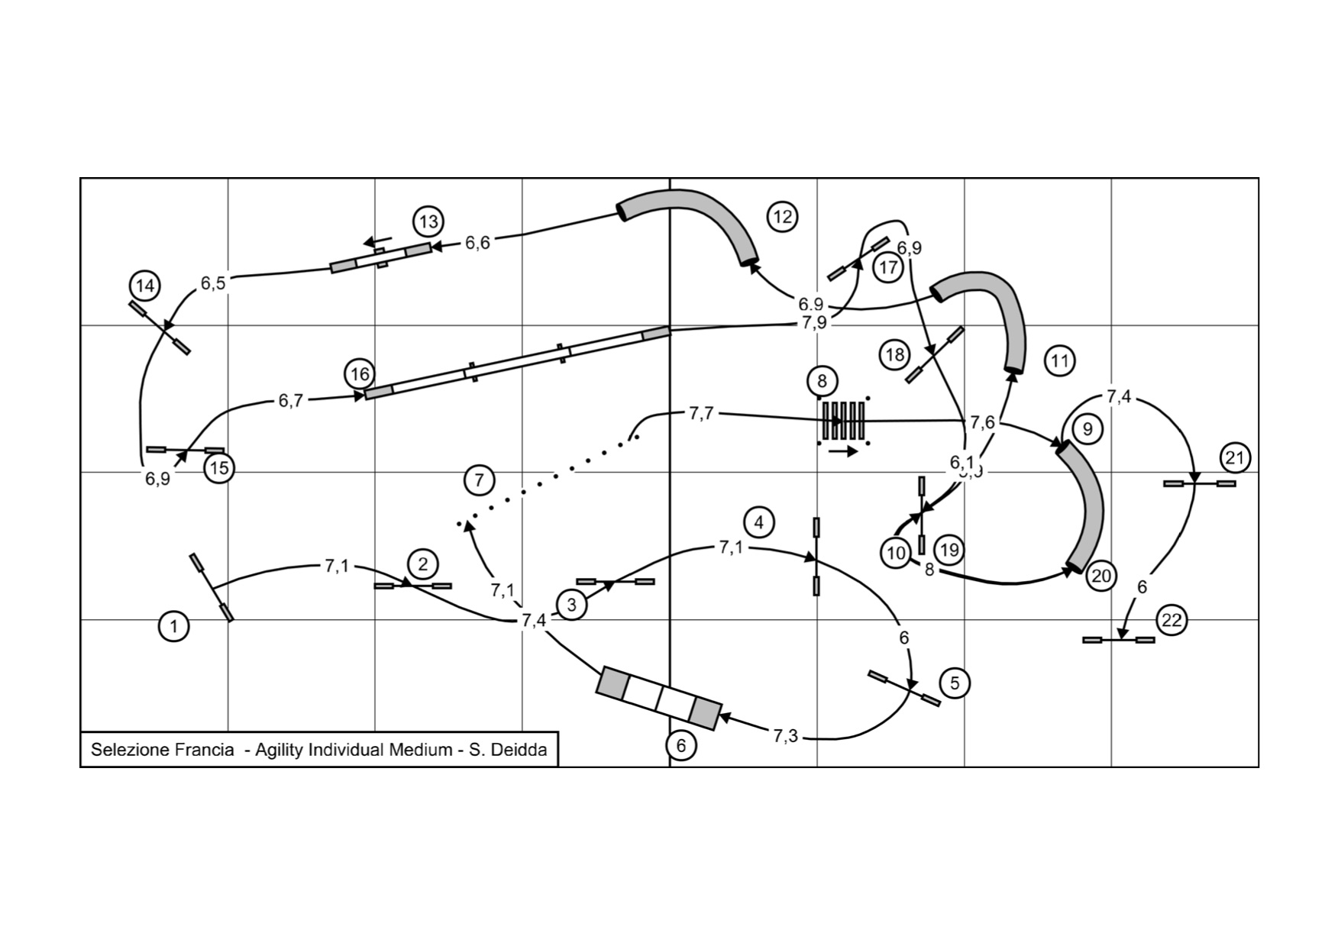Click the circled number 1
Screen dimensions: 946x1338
(174, 627)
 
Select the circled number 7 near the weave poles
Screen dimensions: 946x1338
(479, 480)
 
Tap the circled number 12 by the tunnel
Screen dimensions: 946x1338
(782, 217)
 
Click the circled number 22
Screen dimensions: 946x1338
(1171, 620)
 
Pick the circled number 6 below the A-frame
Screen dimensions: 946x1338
(681, 745)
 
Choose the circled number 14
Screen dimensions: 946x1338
(144, 286)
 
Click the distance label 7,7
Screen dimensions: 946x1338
(701, 414)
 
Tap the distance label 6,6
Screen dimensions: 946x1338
(477, 243)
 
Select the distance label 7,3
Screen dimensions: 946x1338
(785, 736)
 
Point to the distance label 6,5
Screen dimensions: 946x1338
(213, 283)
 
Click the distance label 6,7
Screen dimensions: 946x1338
(290, 401)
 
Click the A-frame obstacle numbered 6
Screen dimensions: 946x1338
(658, 699)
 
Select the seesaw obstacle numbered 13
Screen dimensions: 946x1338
(380, 258)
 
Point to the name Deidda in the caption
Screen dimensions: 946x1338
(519, 750)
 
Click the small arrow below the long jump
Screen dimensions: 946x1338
(843, 452)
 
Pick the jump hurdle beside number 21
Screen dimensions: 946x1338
(1199, 483)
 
